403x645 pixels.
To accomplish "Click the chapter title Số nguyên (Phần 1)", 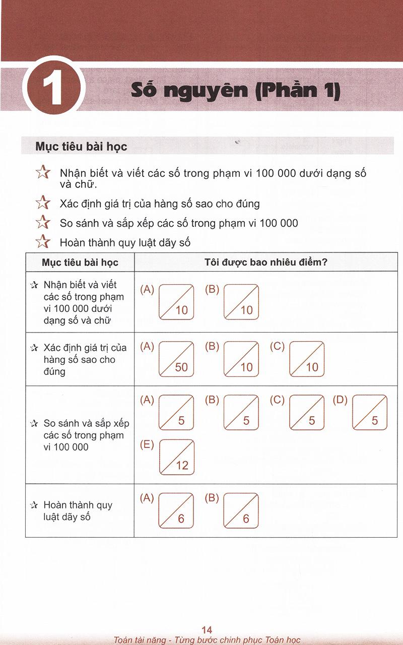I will (x=235, y=91).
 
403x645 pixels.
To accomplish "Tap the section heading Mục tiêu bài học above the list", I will (x=81, y=147).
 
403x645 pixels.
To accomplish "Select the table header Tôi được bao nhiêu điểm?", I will (x=266, y=263).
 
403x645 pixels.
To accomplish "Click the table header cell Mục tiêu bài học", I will (x=80, y=263).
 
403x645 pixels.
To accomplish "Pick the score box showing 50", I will (x=176, y=359).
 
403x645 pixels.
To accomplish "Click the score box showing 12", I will (x=176, y=457).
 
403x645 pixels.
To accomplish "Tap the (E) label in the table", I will (x=147, y=445).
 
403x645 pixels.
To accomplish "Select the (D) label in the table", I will (x=341, y=400).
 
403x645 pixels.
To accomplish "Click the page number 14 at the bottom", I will (x=207, y=629).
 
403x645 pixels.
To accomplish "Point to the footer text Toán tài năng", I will (x=140, y=640).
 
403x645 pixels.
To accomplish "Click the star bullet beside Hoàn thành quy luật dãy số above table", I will (x=43, y=242).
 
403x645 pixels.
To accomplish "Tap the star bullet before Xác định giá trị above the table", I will (x=43, y=203).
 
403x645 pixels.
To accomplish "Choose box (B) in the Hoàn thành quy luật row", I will (x=241, y=510).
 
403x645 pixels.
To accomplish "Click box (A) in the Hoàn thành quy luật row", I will (x=176, y=510).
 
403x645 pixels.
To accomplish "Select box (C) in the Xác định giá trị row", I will (x=306, y=359).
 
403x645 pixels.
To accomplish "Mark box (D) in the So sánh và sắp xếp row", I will (x=370, y=413).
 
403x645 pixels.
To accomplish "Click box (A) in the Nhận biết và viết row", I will (x=176, y=302).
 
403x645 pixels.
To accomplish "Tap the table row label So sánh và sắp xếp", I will (x=83, y=435).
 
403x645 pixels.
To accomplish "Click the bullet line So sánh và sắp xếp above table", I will (x=179, y=223).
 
